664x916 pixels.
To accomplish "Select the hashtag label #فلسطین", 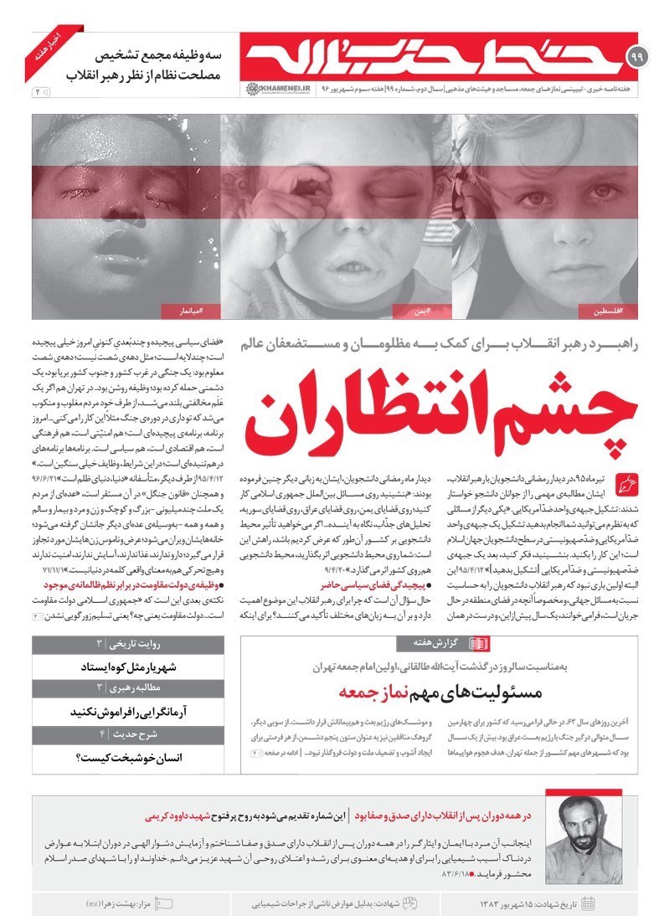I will pyautogui.click(x=606, y=311).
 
